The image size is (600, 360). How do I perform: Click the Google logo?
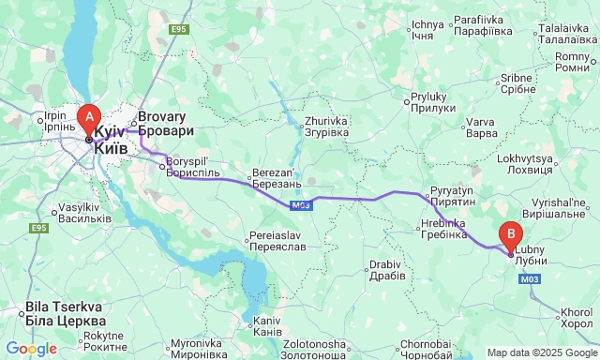click(31, 349)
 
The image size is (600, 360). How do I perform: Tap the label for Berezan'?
click(277, 179)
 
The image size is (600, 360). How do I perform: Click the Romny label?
click(571, 62)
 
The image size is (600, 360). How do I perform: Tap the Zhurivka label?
click(326, 127)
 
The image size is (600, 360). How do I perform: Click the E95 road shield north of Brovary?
click(180, 30)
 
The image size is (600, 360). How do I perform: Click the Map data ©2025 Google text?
click(541, 352)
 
